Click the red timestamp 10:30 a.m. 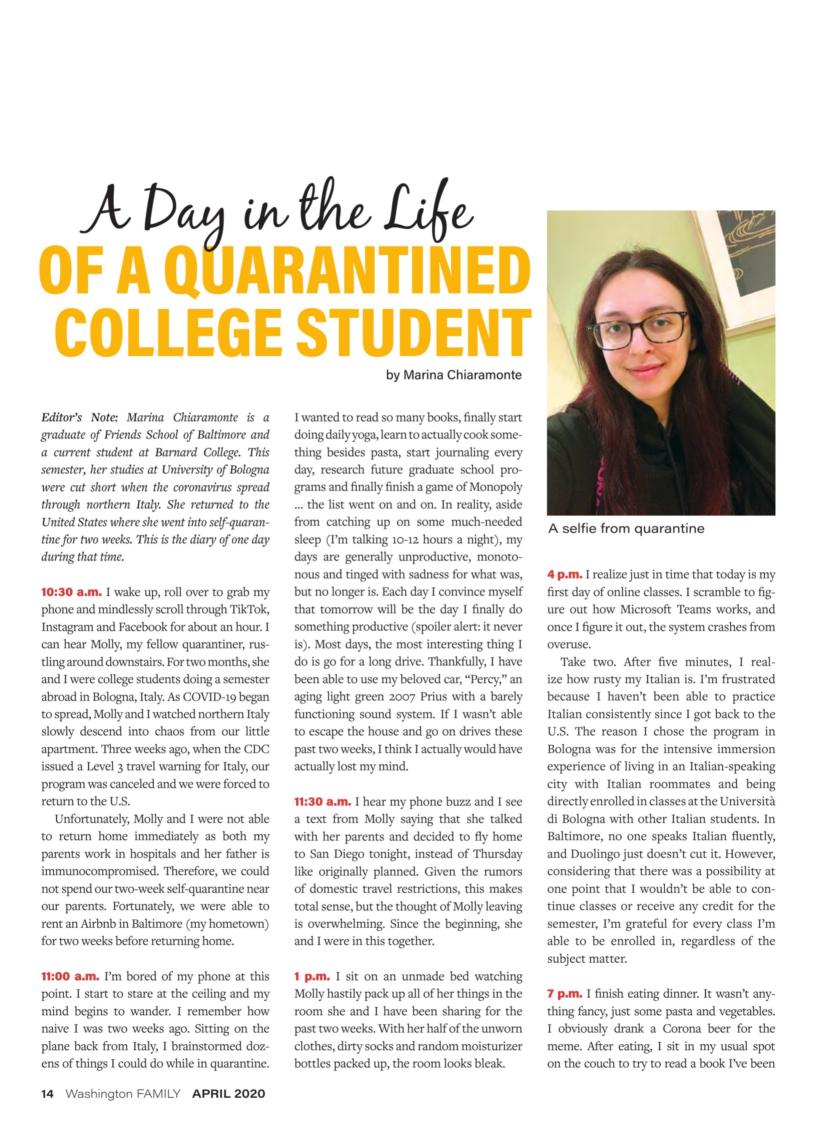pyautogui.click(x=71, y=592)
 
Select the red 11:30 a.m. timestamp pyautogui.click(x=322, y=802)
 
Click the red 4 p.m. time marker pyautogui.click(x=564, y=574)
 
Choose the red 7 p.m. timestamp pyautogui.click(x=564, y=993)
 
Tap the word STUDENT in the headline pyautogui.click(x=414, y=332)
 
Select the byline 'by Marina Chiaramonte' pyautogui.click(x=453, y=375)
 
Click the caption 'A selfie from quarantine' pyautogui.click(x=626, y=528)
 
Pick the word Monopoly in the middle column pyautogui.click(x=496, y=487)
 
